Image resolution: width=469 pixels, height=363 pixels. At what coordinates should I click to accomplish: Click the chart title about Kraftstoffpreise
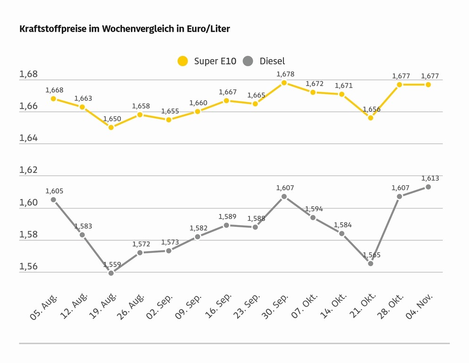point(125,29)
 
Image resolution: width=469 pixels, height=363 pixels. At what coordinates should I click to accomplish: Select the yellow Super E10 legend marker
point(183,61)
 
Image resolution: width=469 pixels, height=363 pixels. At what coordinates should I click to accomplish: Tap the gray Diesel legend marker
point(248,61)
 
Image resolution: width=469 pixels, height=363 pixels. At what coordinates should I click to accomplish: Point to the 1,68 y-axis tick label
point(28,74)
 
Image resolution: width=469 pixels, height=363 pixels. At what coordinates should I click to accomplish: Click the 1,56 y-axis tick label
point(28,267)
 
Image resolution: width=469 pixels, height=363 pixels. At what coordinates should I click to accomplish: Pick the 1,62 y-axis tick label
point(28,170)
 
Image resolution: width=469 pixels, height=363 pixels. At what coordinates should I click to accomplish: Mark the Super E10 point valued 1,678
point(284,83)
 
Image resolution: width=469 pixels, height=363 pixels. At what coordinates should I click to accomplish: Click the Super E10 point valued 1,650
point(111,127)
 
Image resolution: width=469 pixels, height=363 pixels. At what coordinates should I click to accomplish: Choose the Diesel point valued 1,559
point(111,273)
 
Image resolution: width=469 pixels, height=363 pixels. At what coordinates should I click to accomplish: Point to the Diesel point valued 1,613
point(428,187)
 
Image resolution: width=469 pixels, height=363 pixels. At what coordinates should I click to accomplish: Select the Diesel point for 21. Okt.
point(371,263)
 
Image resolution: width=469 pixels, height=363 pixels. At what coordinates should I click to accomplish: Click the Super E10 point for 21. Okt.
point(371,118)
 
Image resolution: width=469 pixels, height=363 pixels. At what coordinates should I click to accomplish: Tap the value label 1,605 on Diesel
point(54,191)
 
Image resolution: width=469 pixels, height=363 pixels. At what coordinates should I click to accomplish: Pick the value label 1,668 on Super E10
point(54,90)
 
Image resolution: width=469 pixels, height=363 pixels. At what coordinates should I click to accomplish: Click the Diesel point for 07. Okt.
point(313,217)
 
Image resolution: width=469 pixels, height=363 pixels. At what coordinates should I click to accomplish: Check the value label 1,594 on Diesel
point(314,209)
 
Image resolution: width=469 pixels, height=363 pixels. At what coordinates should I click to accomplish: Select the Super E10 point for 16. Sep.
point(227,101)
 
